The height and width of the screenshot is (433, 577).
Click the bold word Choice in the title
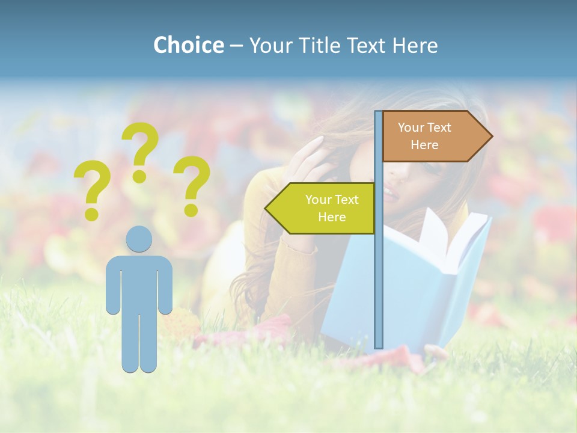coord(188,45)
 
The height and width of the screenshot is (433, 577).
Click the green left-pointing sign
coord(322,208)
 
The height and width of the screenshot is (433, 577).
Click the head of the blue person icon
coord(139,239)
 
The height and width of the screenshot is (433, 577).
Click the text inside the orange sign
coord(424,136)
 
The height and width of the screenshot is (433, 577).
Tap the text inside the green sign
coord(331,208)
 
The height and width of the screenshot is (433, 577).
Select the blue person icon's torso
coord(139,283)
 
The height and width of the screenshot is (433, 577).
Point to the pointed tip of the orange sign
coord(491,137)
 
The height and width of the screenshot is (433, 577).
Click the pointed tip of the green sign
coord(266,208)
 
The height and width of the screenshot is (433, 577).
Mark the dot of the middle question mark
coord(139,176)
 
